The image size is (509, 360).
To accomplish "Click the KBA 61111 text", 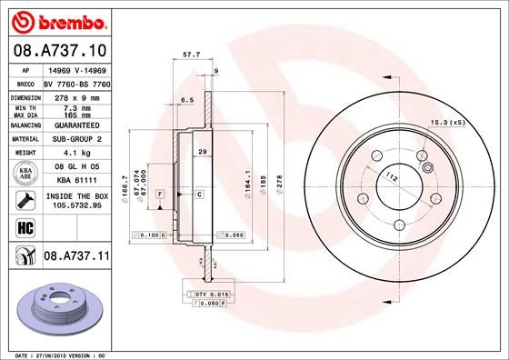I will tap(73, 182).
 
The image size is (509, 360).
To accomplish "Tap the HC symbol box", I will tap(21, 228).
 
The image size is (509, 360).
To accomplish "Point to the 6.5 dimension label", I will tap(188, 99).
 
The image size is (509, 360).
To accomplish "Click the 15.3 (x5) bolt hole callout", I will tap(447, 121).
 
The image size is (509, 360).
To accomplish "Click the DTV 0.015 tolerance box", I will tap(212, 295).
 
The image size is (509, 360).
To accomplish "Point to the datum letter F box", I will tap(159, 195).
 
